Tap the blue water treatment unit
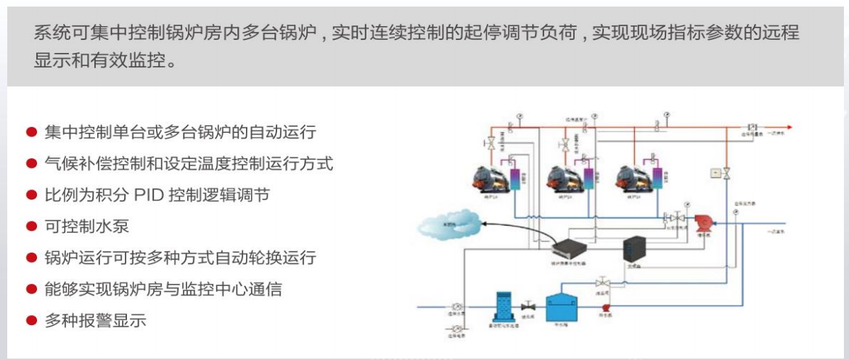pyautogui.click(x=505, y=306)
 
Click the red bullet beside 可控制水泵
pyautogui.click(x=31, y=226)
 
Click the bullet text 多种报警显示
pyautogui.click(x=95, y=320)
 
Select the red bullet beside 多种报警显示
pyautogui.click(x=31, y=320)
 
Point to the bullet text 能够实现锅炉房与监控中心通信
pyautogui.click(x=163, y=289)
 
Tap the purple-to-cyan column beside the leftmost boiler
pyautogui.click(x=516, y=177)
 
